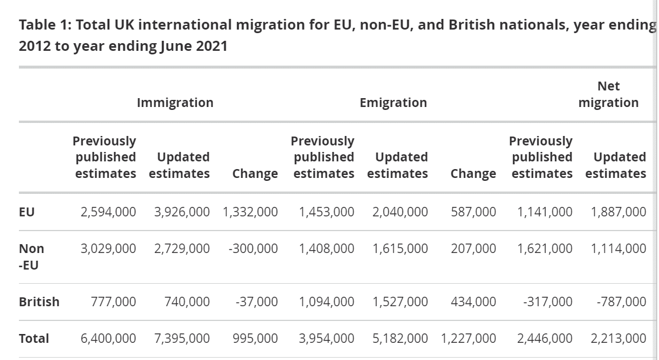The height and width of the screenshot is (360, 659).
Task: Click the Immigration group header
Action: click(175, 103)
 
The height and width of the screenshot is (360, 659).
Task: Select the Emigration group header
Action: click(393, 103)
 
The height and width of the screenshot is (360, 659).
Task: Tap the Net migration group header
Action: click(608, 95)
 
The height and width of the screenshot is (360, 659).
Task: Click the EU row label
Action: click(27, 212)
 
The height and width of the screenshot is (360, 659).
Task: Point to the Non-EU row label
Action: click(31, 257)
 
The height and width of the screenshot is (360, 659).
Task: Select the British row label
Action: click(39, 301)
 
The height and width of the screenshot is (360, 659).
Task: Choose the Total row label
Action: click(34, 339)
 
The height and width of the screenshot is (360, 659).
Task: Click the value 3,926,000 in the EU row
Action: click(181, 212)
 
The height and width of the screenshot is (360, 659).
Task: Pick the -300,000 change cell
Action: click(253, 249)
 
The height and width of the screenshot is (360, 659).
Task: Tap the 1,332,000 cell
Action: click(250, 212)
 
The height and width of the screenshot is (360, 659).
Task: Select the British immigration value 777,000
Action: click(113, 301)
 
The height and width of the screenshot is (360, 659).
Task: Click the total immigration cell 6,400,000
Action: click(108, 339)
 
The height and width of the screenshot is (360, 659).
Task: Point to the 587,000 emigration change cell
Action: click(473, 212)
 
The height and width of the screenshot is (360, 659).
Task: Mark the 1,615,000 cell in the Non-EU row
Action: click(400, 249)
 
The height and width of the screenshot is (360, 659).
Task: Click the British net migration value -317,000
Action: click(547, 301)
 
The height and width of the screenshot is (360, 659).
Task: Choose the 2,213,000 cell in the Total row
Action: click(618, 339)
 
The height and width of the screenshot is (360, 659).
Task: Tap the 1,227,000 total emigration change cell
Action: click(469, 339)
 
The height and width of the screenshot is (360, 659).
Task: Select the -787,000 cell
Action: click(621, 301)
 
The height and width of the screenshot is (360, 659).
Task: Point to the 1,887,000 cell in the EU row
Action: click(618, 212)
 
